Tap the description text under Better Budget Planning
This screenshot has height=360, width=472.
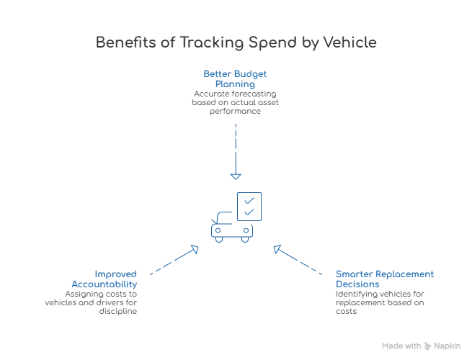point(235,104)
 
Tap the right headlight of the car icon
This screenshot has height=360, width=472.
point(246,230)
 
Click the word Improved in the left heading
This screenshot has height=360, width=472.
point(116,274)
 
